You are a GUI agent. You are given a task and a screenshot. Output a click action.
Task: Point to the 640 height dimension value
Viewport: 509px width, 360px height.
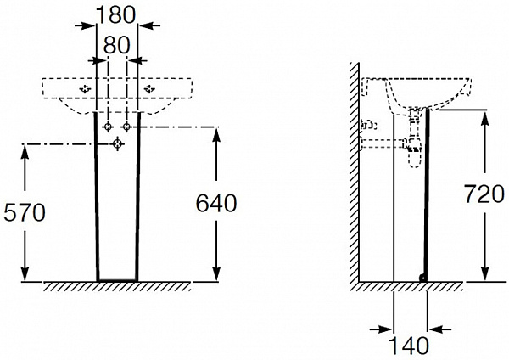216,204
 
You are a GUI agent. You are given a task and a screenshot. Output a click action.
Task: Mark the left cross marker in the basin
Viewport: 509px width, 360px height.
85,88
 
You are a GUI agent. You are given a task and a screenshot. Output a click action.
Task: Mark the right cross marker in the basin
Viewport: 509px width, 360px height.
150,88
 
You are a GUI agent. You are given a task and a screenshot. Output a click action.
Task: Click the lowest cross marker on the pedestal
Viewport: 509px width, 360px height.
116,146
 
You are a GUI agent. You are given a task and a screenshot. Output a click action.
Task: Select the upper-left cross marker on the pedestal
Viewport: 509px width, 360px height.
108,127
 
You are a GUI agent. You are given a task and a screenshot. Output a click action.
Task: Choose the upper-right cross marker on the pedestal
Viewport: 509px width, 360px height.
127,127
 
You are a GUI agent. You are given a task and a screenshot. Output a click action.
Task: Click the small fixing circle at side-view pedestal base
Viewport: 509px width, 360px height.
423,277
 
